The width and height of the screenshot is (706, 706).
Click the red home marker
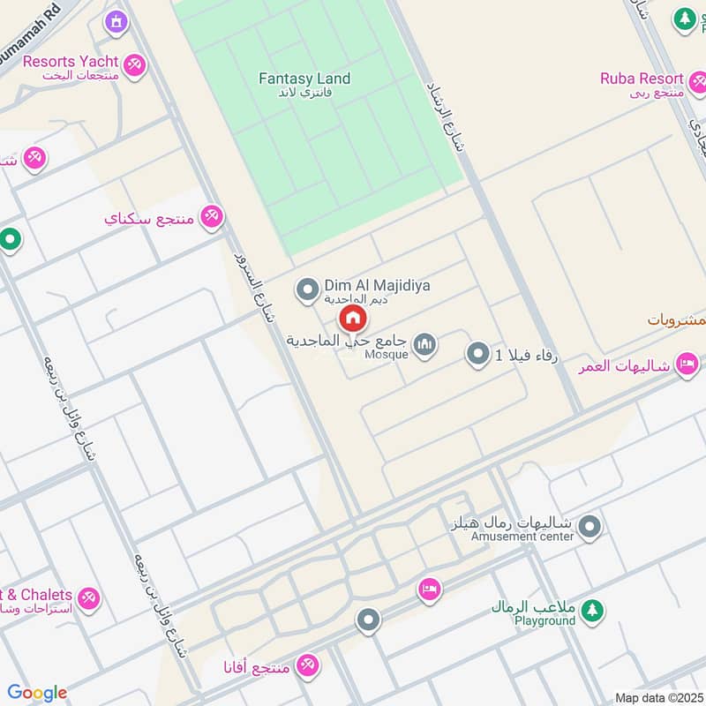(x=352, y=318)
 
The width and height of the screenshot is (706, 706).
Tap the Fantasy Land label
(x=304, y=79)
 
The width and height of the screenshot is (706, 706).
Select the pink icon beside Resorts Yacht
(x=134, y=64)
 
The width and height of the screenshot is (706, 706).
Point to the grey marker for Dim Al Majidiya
(x=307, y=289)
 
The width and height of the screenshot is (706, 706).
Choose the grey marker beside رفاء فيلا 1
(x=477, y=355)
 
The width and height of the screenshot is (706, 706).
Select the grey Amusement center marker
(x=590, y=528)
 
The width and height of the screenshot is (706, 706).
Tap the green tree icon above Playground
(x=593, y=608)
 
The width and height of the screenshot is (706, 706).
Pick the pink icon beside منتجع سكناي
(x=212, y=216)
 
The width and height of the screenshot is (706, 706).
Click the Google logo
(x=37, y=693)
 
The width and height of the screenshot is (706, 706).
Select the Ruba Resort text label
(x=642, y=79)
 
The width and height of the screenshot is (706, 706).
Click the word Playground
(x=545, y=620)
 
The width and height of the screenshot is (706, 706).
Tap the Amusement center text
(x=522, y=536)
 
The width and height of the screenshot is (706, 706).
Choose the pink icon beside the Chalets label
(x=86, y=598)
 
